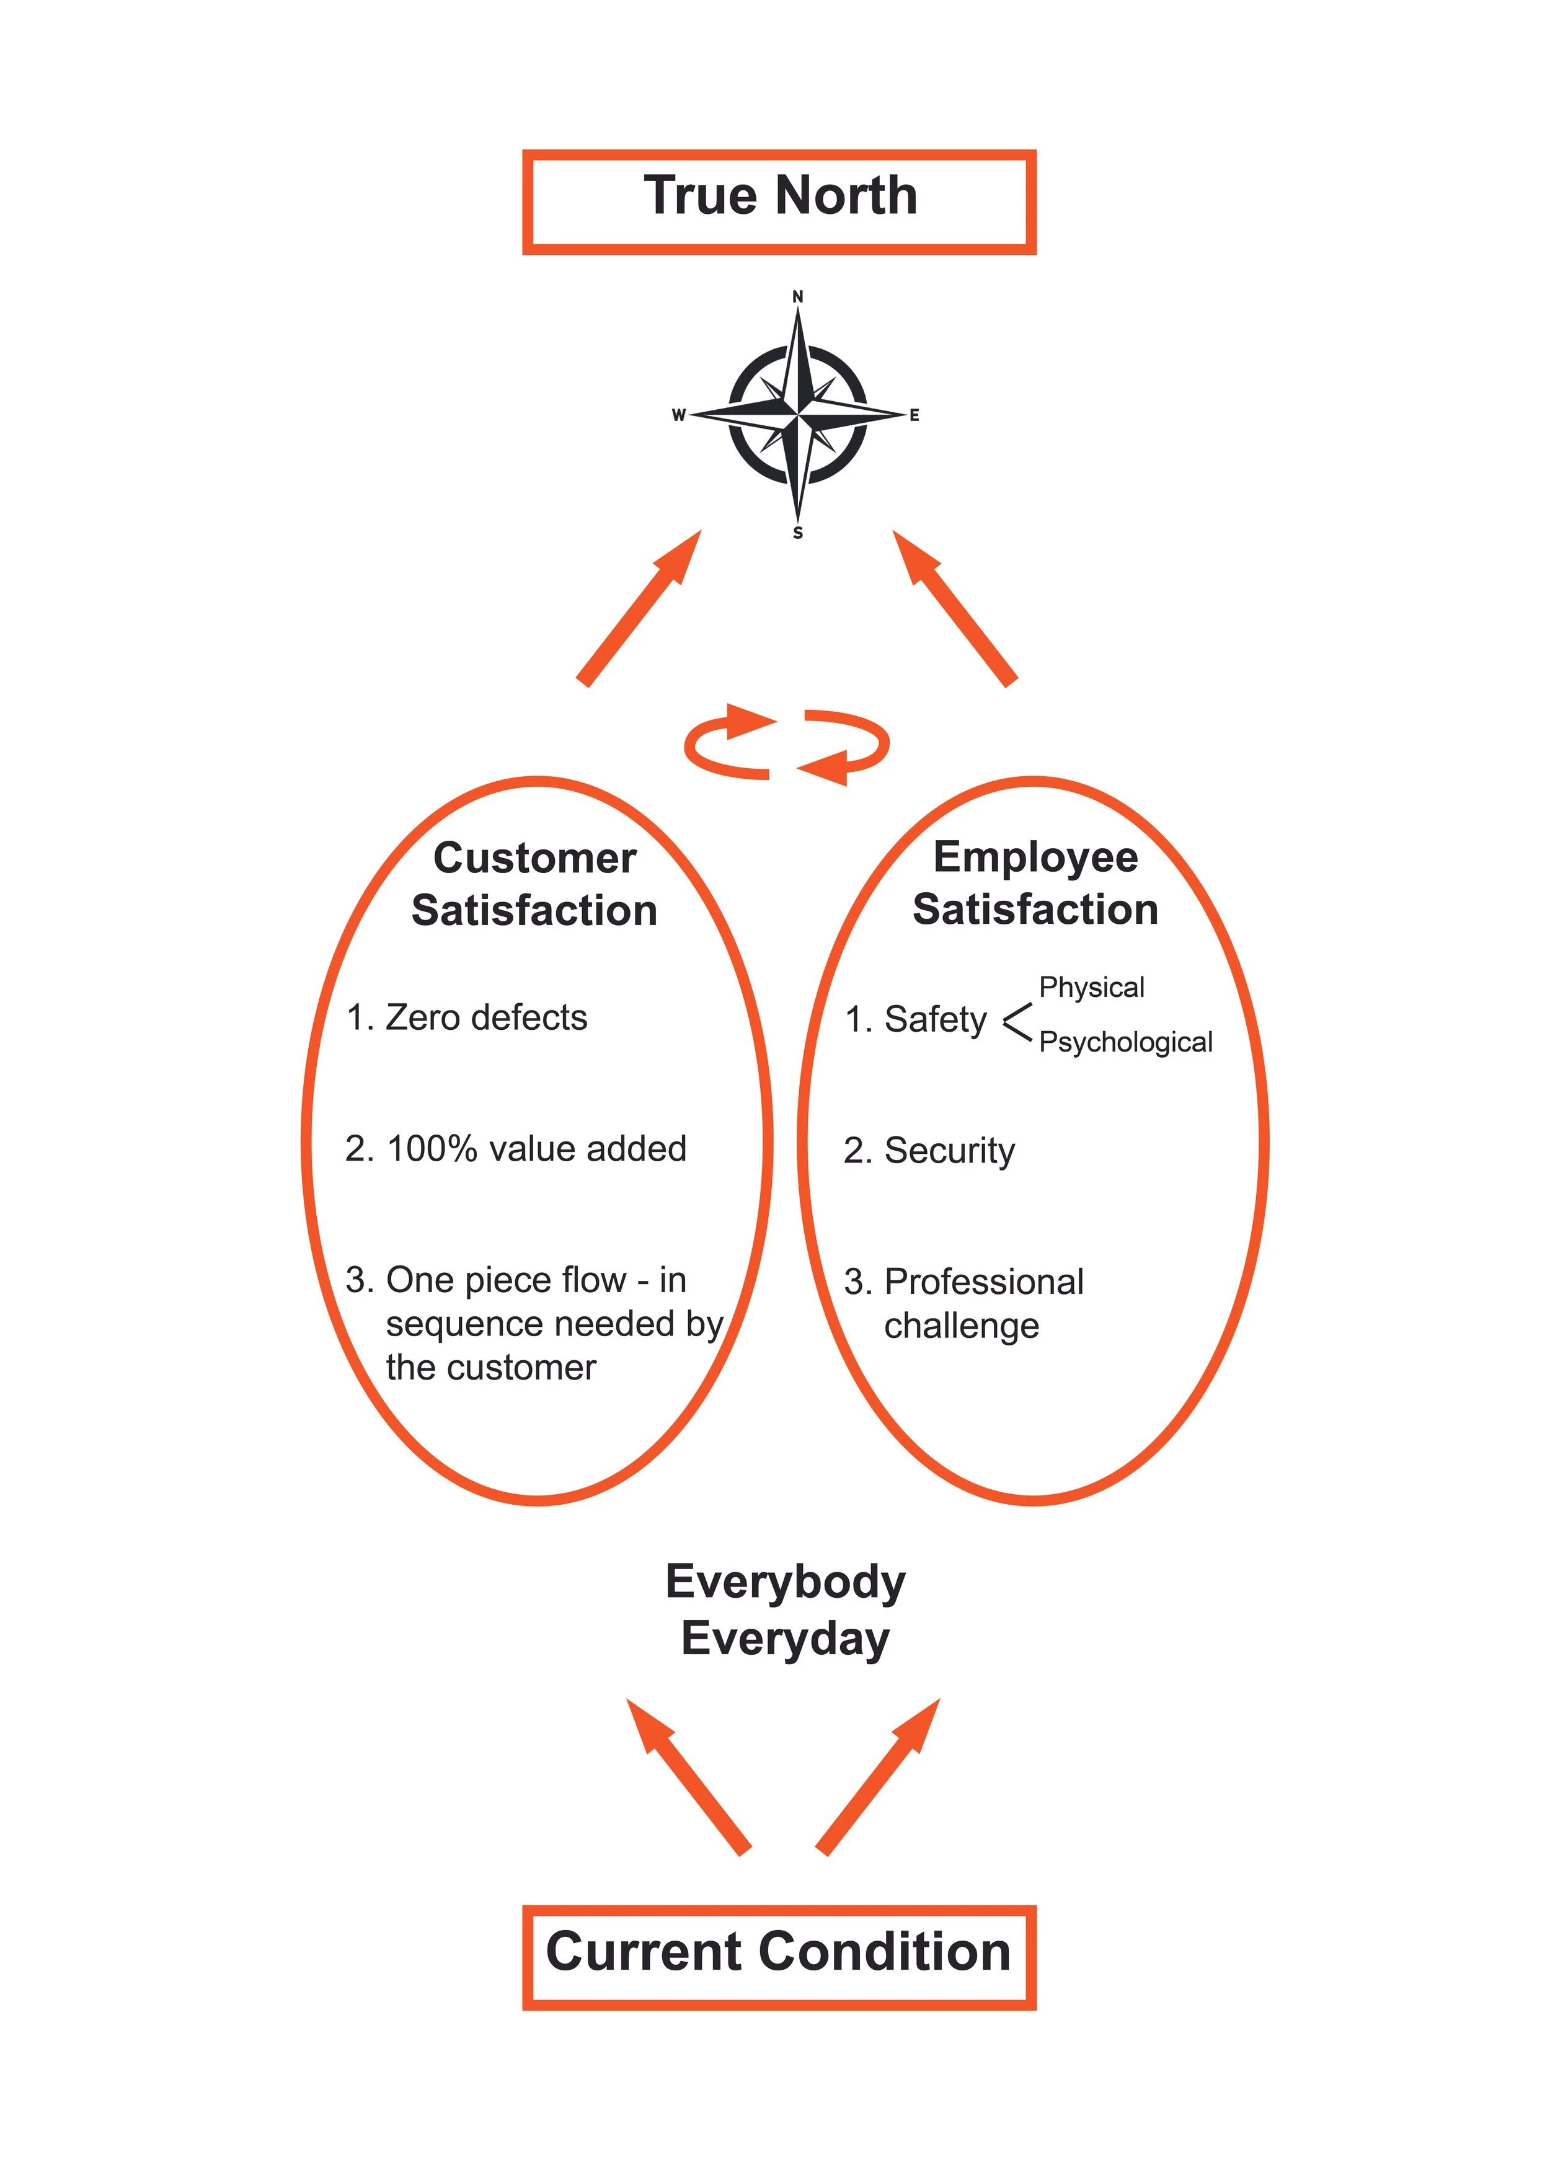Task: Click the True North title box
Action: (779, 201)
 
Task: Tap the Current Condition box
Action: (779, 1952)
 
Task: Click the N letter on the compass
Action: (798, 297)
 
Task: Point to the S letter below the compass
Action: (798, 533)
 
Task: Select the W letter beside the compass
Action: (679, 415)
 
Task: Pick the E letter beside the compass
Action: (914, 415)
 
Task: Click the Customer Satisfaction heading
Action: (534, 883)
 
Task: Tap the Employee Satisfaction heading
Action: (1035, 883)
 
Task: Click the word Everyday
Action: (786, 1639)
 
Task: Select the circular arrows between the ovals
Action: (786, 745)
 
